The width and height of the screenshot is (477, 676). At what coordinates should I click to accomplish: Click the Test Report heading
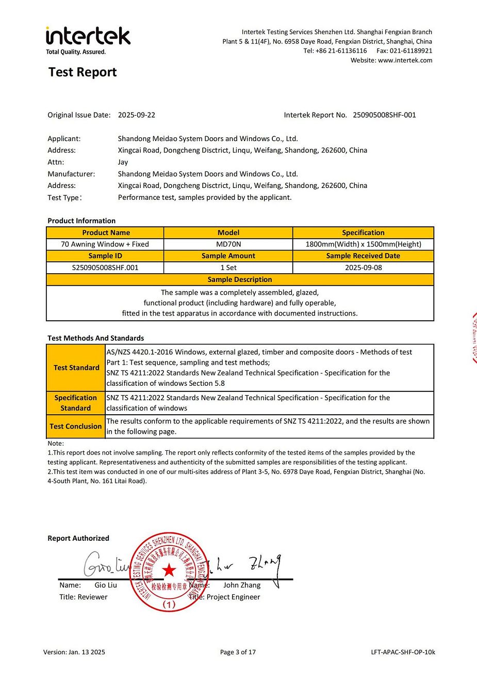coord(83,72)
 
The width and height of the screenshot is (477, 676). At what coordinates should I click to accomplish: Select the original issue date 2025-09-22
coord(137,115)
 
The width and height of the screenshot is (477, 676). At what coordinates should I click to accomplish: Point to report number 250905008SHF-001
coord(384,115)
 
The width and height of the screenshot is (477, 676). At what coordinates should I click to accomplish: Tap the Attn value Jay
coord(123,162)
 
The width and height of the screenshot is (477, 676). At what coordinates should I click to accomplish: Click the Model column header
coord(228,232)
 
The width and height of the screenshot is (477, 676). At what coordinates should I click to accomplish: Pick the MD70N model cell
coord(228,244)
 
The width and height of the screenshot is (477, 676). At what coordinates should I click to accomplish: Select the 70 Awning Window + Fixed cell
coord(105,244)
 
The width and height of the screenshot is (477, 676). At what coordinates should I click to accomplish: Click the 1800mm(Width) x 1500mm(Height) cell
coord(363,244)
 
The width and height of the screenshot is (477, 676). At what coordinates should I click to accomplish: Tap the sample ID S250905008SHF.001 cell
coord(105,268)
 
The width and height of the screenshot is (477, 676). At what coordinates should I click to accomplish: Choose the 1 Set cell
coord(228,268)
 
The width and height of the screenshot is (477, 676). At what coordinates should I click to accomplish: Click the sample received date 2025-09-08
coord(363,268)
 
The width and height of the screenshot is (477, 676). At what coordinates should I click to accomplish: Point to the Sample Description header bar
coord(240,279)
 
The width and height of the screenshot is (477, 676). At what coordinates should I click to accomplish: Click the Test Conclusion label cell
coord(76,426)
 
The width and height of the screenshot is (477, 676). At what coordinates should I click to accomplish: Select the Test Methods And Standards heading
coord(96,338)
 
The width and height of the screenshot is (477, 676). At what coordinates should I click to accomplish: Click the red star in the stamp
coord(169,570)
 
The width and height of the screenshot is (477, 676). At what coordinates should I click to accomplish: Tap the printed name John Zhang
coord(242,585)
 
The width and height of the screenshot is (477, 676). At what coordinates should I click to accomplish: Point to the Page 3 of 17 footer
coord(238,652)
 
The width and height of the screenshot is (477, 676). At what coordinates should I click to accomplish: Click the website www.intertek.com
coord(405,60)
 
